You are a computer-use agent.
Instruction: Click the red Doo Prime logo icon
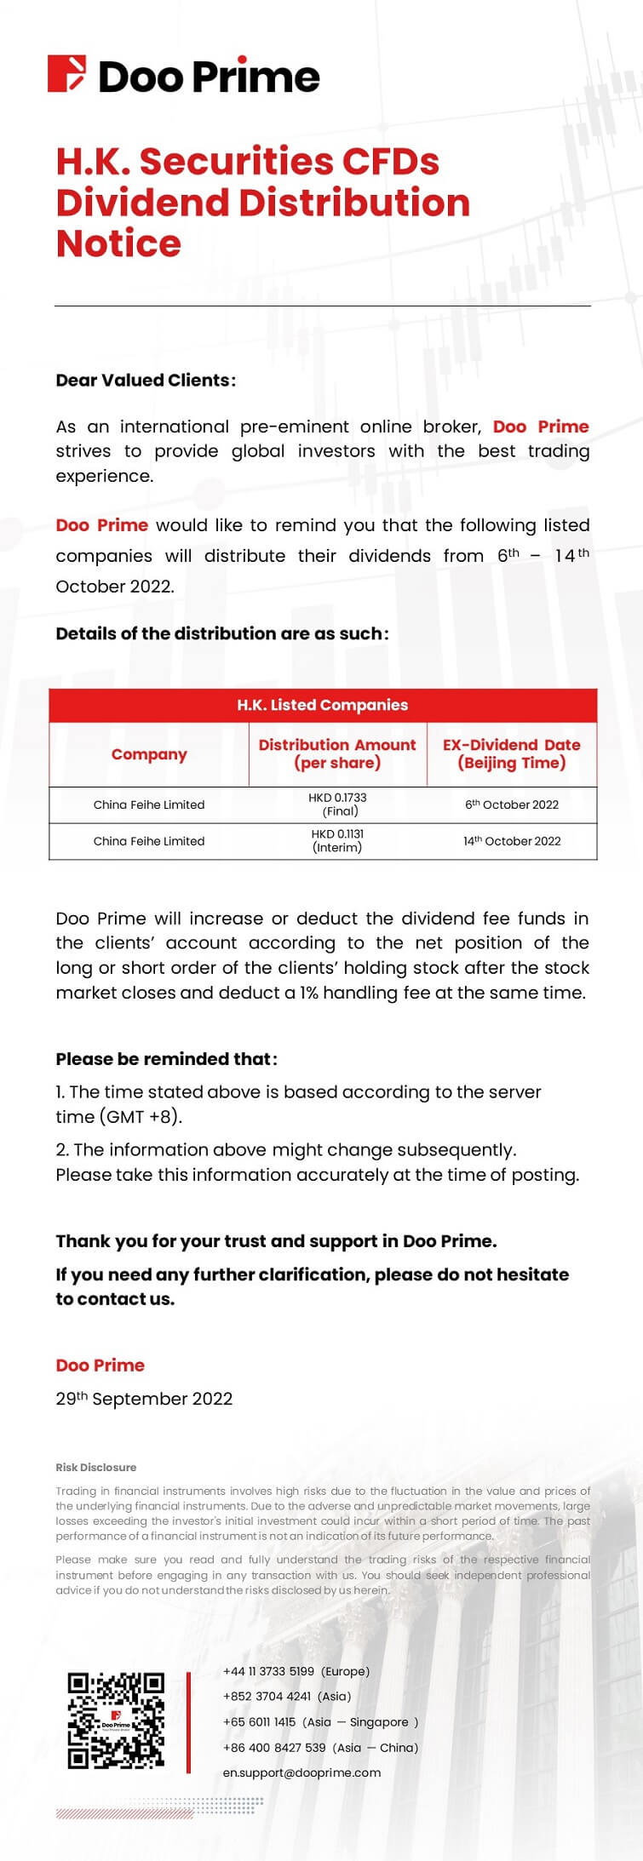[66, 74]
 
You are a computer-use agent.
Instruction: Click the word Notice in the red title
[118, 244]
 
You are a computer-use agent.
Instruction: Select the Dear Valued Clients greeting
[146, 381]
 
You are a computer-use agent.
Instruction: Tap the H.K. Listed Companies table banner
[322, 705]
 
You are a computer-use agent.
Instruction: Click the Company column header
[149, 754]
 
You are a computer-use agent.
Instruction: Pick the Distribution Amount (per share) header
[337, 754]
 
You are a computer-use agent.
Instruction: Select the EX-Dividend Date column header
[511, 754]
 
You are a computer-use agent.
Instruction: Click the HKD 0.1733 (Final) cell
[337, 805]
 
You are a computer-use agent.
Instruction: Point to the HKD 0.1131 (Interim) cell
[337, 841]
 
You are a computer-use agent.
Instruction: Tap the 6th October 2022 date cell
[511, 805]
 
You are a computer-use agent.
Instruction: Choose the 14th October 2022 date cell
[511, 841]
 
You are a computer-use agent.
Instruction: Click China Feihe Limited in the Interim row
[149, 841]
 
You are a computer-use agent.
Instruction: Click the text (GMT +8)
[141, 1117]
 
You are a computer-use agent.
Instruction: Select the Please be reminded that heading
[166, 1059]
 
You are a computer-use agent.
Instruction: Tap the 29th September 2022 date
[144, 1399]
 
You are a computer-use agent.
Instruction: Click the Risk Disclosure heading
[95, 1468]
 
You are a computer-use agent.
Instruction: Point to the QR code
[116, 1722]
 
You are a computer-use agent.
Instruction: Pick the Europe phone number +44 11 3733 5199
[268, 1671]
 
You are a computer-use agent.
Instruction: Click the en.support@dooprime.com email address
[301, 1772]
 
